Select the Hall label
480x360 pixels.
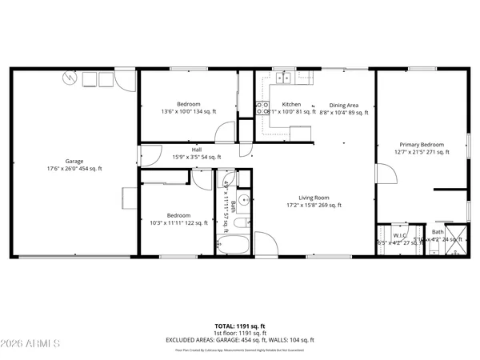[x=196, y=149]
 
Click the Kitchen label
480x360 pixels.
[x=291, y=105]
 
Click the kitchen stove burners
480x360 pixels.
[x=260, y=109]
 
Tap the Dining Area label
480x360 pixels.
[x=344, y=105]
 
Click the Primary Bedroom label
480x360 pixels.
[x=422, y=146]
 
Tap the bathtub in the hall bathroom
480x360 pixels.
[x=234, y=241]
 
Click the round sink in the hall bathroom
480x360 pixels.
[x=245, y=201]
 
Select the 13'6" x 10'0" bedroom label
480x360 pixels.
[x=189, y=105]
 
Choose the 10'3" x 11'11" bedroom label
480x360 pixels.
[x=178, y=215]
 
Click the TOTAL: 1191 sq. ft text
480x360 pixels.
[x=240, y=326]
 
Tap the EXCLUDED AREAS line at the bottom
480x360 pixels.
[x=240, y=340]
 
